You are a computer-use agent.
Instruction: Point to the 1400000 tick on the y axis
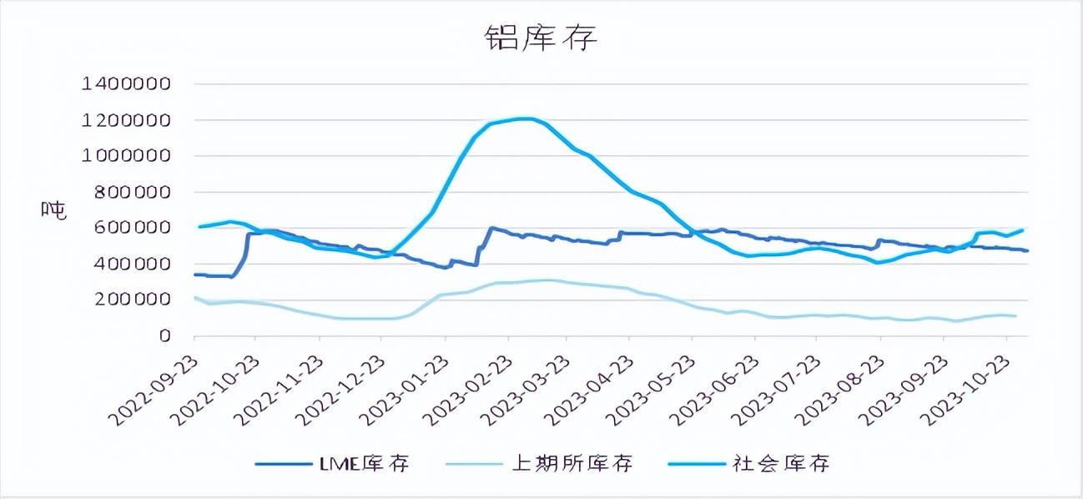pos(126,83)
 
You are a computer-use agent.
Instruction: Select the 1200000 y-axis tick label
pos(126,119)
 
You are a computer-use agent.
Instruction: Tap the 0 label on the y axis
pos(164,335)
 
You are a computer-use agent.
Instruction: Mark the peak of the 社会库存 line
pos(524,118)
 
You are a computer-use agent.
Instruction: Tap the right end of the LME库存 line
pos(1027,250)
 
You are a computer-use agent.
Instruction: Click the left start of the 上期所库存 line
pos(194,297)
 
